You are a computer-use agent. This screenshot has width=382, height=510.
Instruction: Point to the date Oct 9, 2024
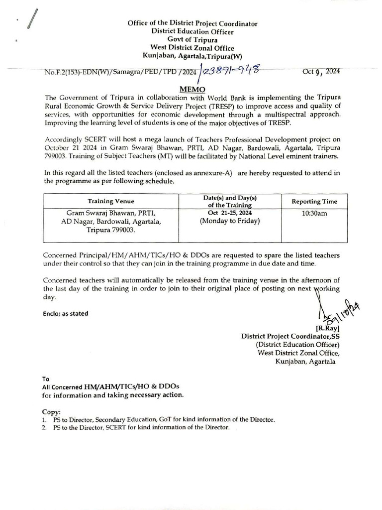[321, 71]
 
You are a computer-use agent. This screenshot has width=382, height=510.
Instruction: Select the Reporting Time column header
[314, 201]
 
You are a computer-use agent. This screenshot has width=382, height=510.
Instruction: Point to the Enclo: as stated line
[65, 313]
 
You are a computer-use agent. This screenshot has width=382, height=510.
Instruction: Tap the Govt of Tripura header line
[192, 40]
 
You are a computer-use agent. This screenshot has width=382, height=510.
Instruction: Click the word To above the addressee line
[46, 379]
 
